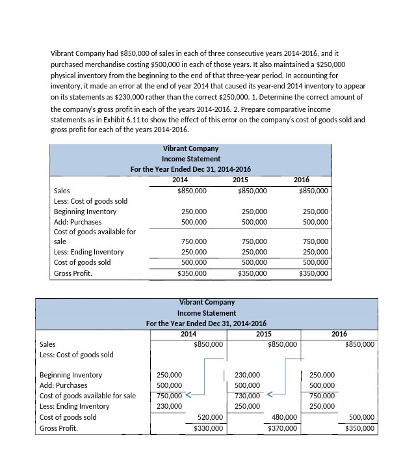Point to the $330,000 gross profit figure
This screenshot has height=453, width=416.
209,428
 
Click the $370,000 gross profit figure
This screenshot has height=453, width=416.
283,428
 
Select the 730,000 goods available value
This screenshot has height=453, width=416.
247,396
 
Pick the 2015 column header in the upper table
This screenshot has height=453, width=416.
240,180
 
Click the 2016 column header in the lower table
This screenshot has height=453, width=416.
339,334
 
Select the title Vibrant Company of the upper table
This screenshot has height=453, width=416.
190,148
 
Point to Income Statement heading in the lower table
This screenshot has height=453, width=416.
206,313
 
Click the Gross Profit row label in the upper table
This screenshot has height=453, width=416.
73,273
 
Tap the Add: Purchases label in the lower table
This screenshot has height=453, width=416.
64,385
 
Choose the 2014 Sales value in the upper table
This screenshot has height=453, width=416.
192,191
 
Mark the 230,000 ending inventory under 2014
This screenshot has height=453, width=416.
170,406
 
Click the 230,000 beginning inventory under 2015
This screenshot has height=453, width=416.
247,375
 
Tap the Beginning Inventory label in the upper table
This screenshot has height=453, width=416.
85,212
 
